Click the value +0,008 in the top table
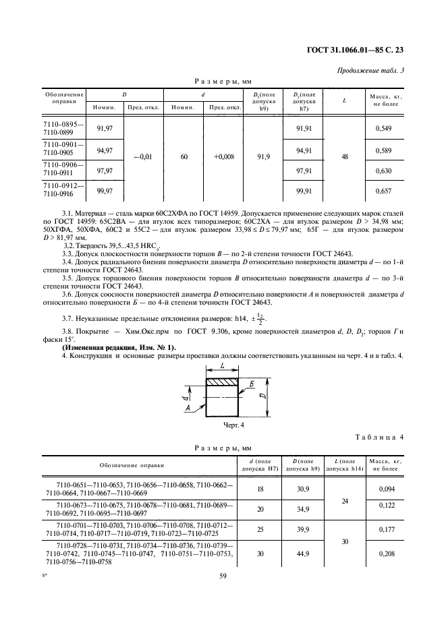pyautogui.click(x=223, y=156)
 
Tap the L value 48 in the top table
pyautogui.click(x=345, y=156)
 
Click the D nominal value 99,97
pyautogui.click(x=105, y=191)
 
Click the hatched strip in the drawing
pyautogui.click(x=223, y=382)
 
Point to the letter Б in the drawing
pyautogui.click(x=250, y=384)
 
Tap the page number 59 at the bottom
pyautogui.click(x=222, y=594)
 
